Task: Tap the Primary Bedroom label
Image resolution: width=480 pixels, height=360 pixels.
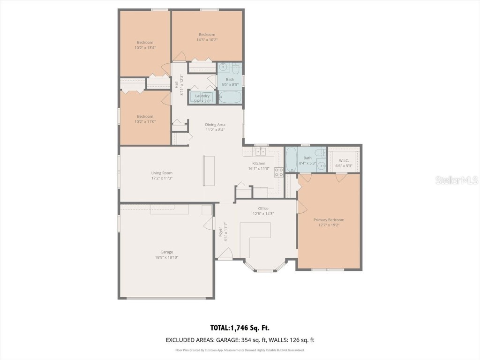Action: pyautogui.click(x=329, y=220)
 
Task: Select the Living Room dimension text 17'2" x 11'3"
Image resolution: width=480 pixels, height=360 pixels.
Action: pyautogui.click(x=161, y=178)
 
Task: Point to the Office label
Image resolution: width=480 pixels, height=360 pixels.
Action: pyautogui.click(x=263, y=208)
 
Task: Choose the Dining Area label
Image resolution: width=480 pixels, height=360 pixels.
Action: pyautogui.click(x=215, y=125)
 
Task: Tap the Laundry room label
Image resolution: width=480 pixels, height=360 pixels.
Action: pyautogui.click(x=202, y=96)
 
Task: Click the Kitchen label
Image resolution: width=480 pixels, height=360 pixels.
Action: pyautogui.click(x=259, y=164)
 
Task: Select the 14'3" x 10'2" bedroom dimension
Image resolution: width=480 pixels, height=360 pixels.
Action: pyautogui.click(x=207, y=40)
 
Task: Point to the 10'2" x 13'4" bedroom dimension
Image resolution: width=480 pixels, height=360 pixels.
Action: pyautogui.click(x=145, y=47)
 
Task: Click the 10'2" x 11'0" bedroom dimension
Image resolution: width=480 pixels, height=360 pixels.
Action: pyautogui.click(x=145, y=121)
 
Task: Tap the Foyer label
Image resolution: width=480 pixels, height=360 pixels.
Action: pyautogui.click(x=221, y=232)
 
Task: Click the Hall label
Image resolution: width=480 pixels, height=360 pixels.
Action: pyautogui.click(x=176, y=85)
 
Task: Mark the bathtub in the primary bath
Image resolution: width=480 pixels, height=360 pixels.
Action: pyautogui.click(x=291, y=160)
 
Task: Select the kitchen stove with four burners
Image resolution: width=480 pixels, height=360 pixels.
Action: pyautogui.click(x=278, y=172)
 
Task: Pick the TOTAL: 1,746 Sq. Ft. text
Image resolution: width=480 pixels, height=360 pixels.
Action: pyautogui.click(x=240, y=328)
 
